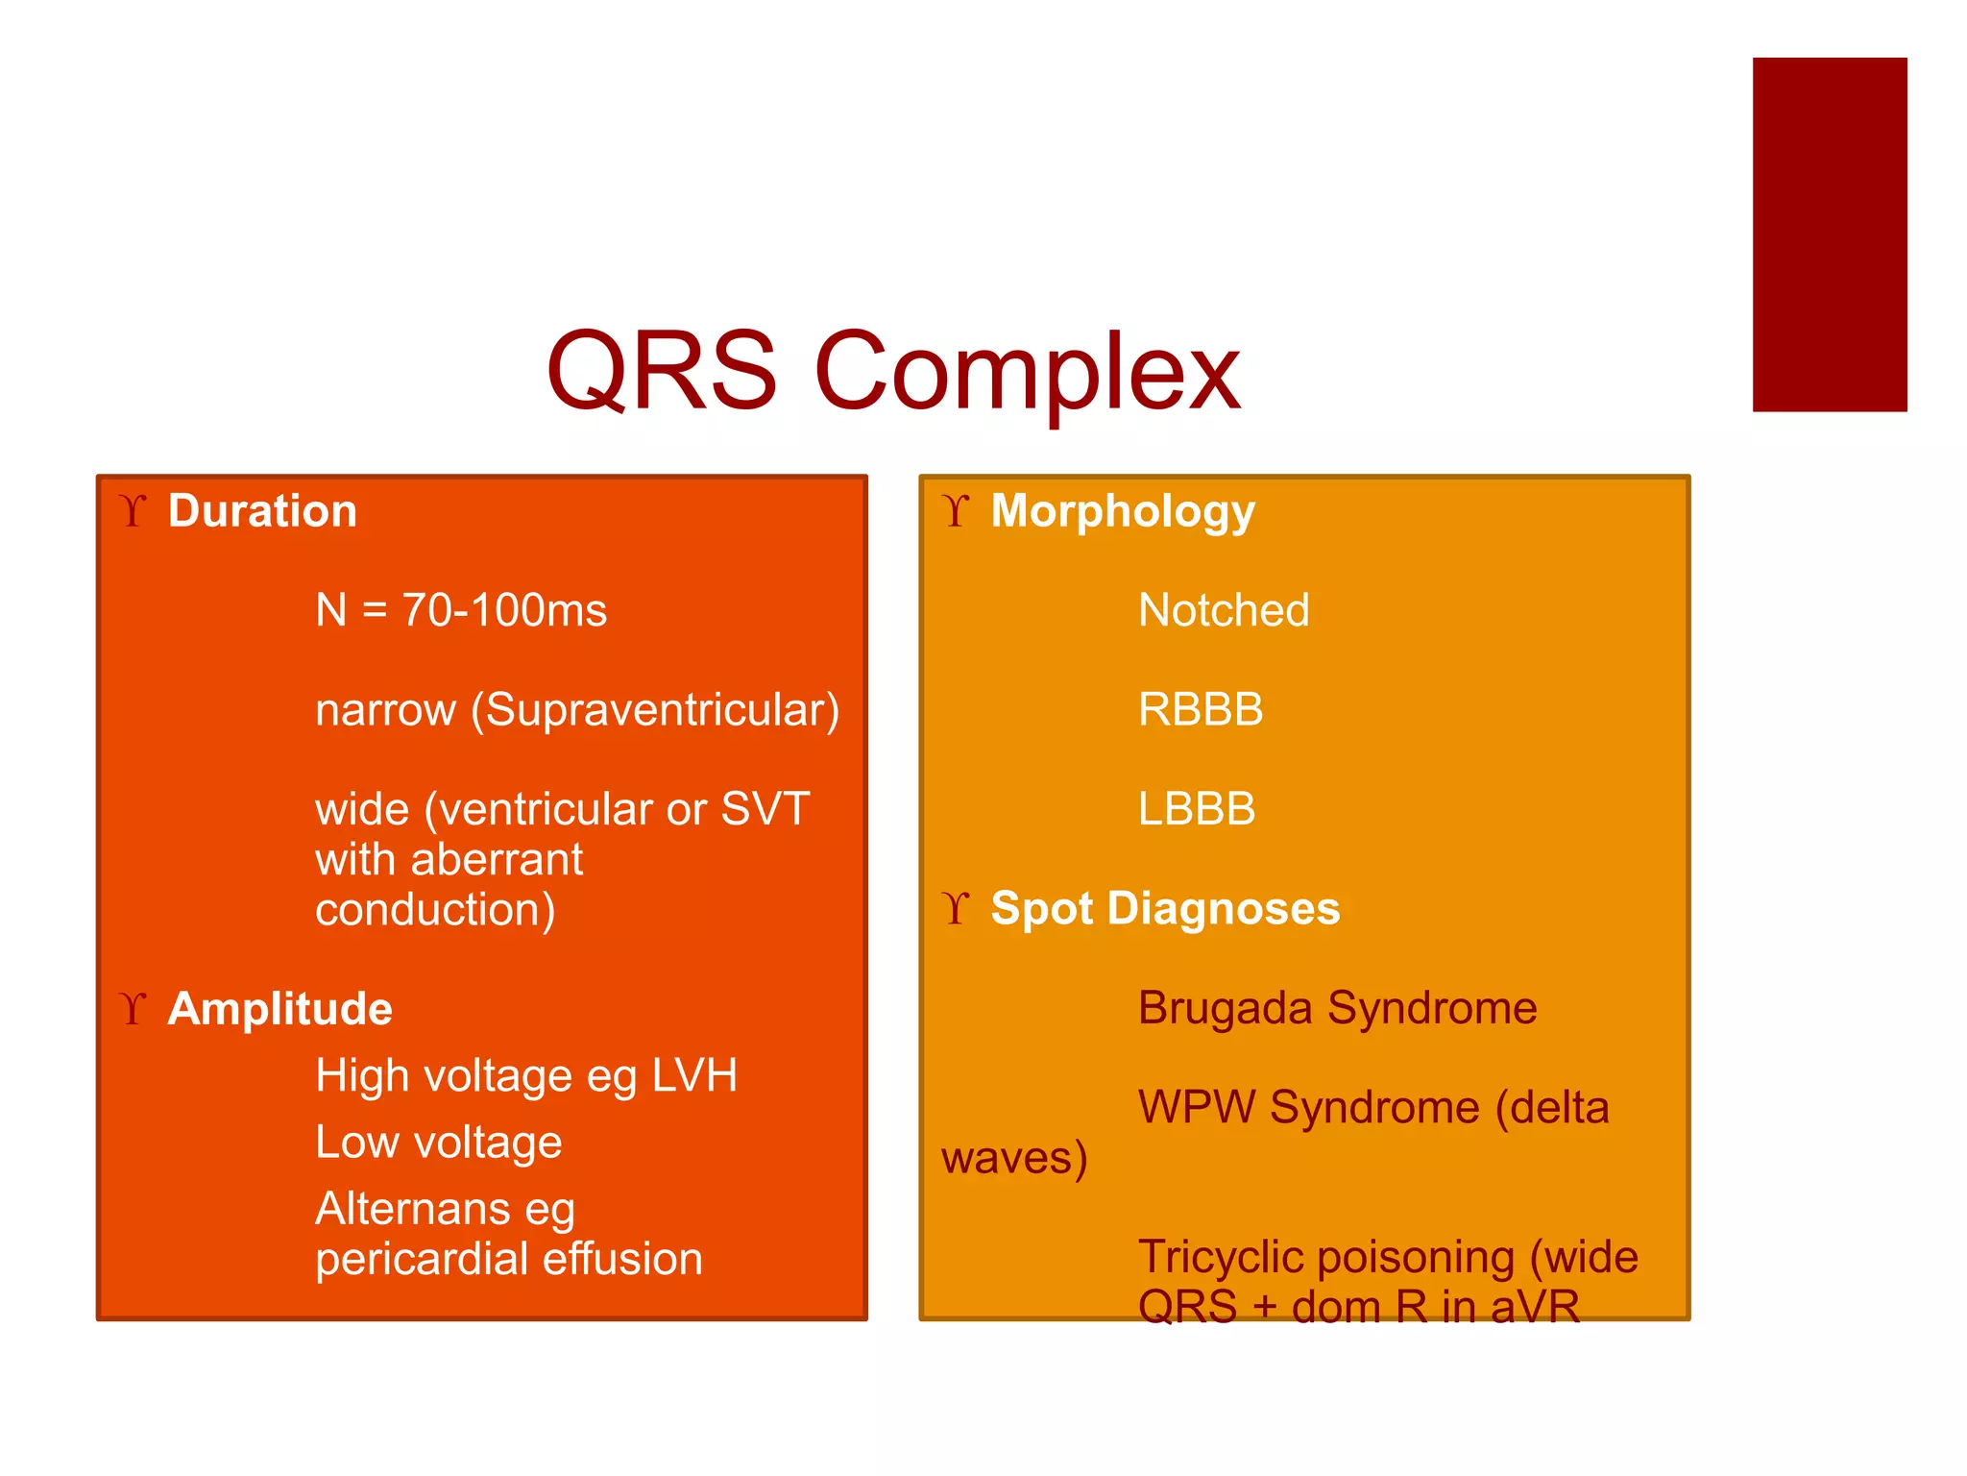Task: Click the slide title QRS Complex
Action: point(893,372)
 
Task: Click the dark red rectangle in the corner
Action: point(1829,234)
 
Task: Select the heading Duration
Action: point(262,510)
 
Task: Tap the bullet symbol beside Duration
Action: point(134,510)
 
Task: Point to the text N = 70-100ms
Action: point(461,610)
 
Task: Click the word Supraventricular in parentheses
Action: point(655,710)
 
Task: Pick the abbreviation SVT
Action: point(765,809)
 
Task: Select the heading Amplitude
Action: point(279,1009)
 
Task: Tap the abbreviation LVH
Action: point(693,1075)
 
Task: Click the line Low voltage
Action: point(438,1143)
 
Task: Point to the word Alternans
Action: point(412,1209)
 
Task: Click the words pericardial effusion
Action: point(509,1259)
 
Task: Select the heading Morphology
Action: point(1122,510)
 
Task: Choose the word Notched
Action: point(1223,610)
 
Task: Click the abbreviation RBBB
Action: point(1200,710)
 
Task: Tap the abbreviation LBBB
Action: point(1196,809)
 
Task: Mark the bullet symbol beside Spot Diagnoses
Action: point(956,908)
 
